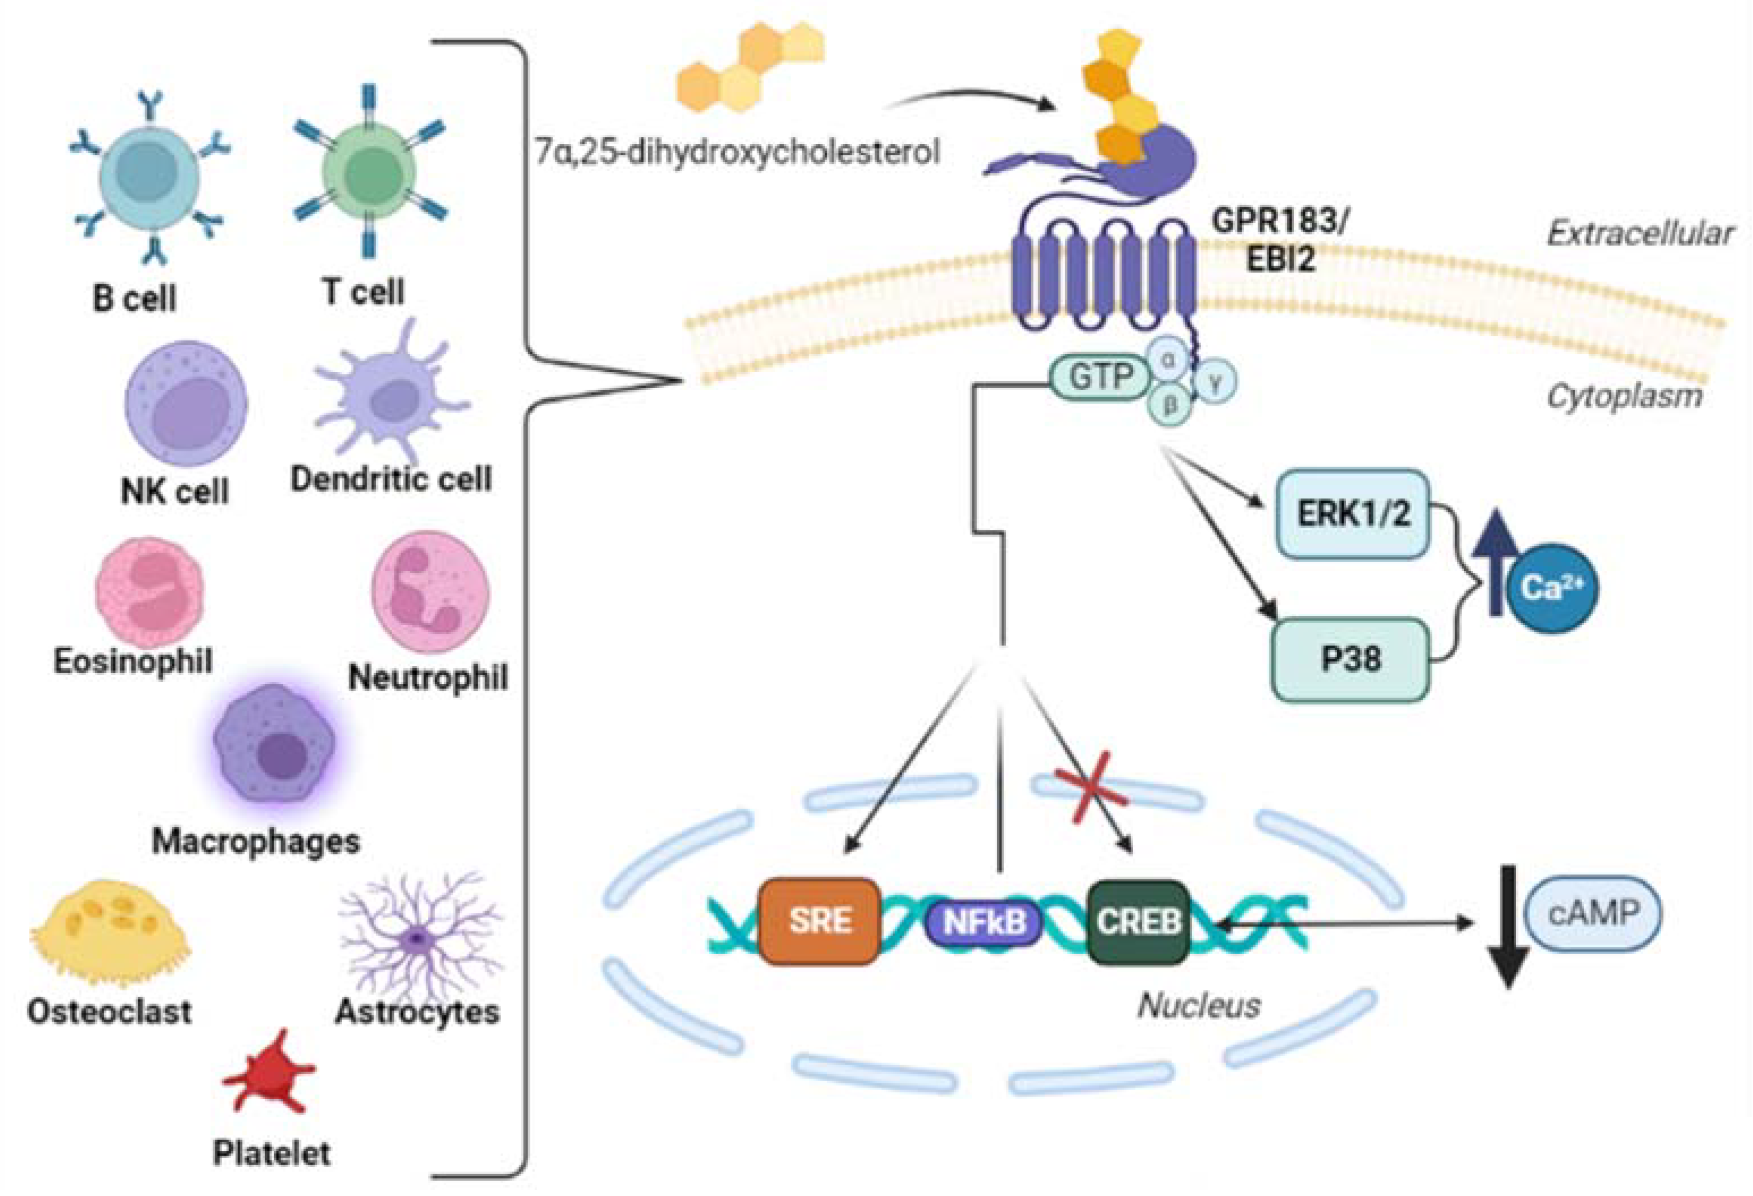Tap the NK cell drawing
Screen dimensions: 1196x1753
186,403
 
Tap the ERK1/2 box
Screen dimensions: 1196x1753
1352,514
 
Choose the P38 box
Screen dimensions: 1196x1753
1350,659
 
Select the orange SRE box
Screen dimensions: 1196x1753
820,921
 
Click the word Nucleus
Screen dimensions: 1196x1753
1198,1005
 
